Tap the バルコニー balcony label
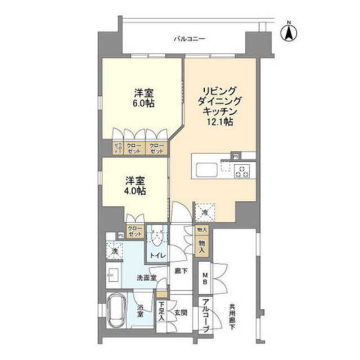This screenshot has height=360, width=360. [189, 39]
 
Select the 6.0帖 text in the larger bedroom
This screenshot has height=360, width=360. [145, 103]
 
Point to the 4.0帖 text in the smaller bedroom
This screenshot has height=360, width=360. [136, 191]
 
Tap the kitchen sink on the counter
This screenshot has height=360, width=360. [205, 168]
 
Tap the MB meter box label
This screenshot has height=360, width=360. [206, 279]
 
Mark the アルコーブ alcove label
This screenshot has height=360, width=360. [206, 316]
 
